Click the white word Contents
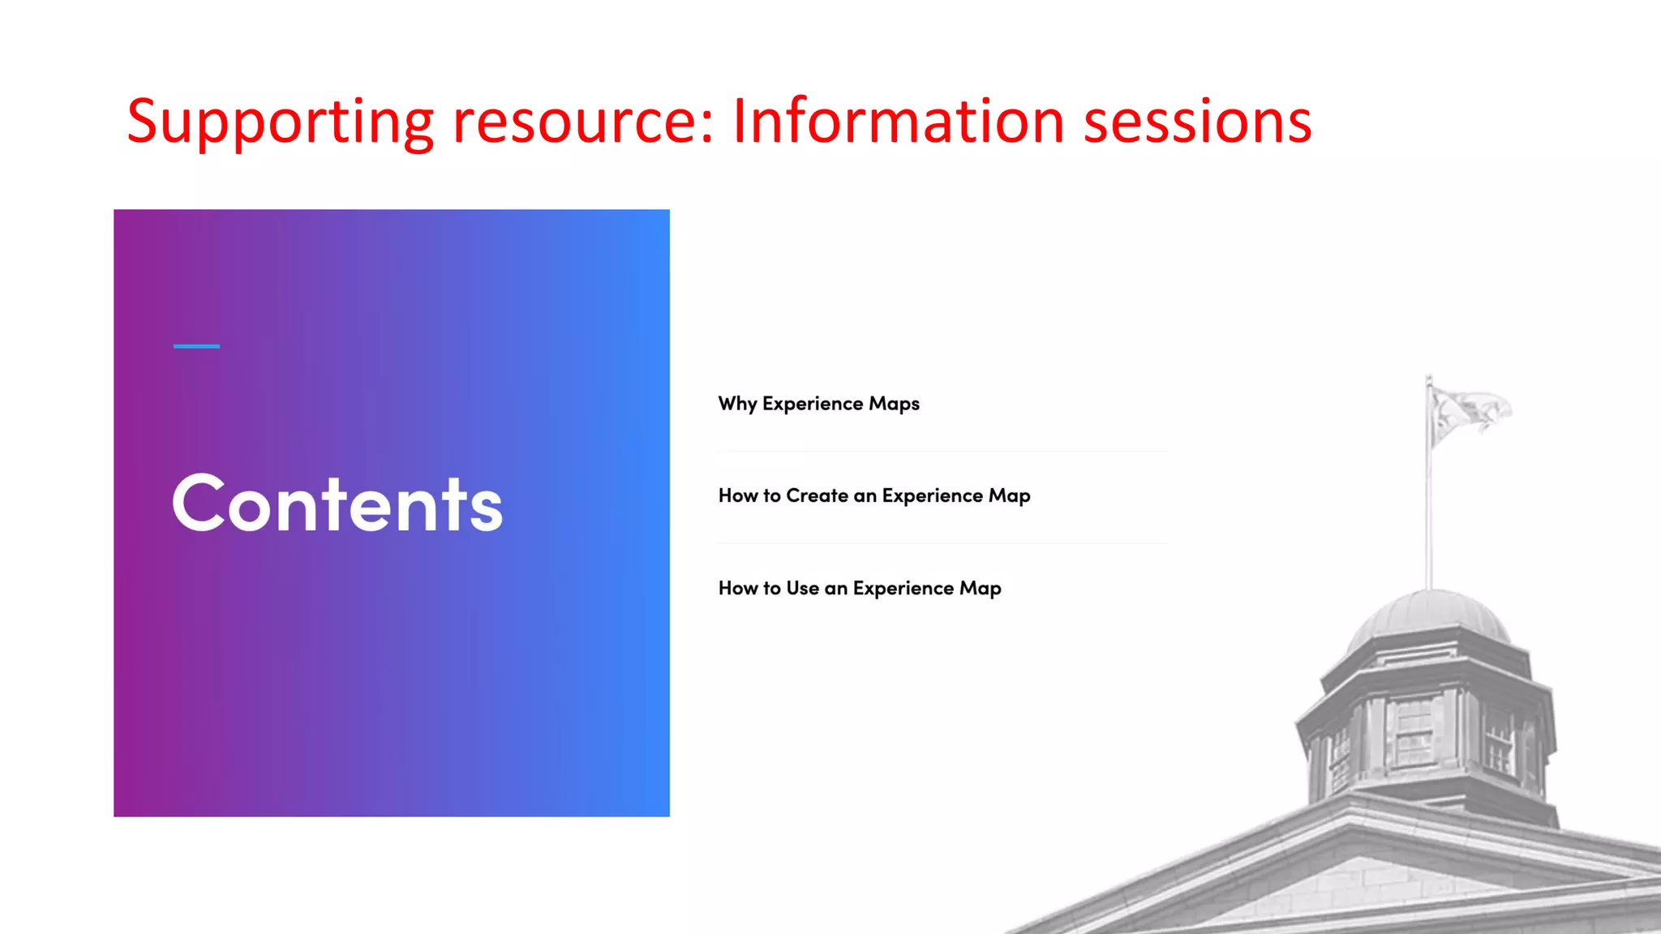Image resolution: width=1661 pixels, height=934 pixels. point(337,504)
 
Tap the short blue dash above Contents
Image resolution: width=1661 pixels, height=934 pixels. point(196,346)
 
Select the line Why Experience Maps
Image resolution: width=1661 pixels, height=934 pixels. point(818,404)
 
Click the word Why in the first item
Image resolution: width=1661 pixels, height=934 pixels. point(736,404)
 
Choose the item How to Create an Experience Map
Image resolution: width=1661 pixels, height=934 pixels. point(873,495)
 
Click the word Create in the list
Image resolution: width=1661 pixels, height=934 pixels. point(817,495)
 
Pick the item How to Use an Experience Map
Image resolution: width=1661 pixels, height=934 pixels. point(859,588)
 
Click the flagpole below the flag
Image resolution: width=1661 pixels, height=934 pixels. point(1429,519)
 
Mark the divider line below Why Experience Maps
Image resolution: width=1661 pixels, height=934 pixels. point(941,451)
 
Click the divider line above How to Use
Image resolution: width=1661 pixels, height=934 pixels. point(941,543)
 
